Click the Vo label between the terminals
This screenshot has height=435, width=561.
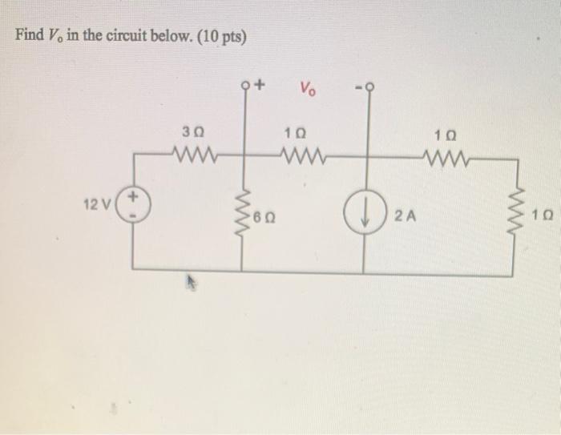click(x=308, y=87)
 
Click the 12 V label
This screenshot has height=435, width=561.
click(x=99, y=206)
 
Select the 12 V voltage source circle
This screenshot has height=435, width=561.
click(x=132, y=206)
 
